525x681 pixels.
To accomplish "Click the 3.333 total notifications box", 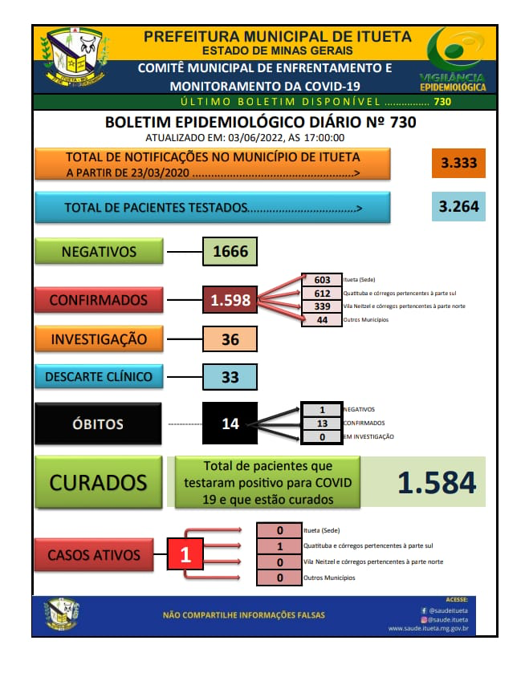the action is (x=458, y=163).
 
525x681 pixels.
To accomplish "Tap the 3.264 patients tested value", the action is (x=458, y=206).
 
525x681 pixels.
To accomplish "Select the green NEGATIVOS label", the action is (x=99, y=251).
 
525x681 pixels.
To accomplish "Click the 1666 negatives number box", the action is (x=230, y=251).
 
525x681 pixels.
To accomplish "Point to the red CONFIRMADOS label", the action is (x=99, y=300).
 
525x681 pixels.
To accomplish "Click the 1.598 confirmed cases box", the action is (x=230, y=300).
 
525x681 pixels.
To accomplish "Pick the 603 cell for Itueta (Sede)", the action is (x=322, y=280).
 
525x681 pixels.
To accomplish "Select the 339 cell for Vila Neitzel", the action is (x=322, y=306).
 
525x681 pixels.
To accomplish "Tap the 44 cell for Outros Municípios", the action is (x=322, y=320).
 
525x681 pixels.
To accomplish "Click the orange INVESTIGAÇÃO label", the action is (x=99, y=338).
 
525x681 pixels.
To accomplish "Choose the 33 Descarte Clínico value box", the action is (x=230, y=376).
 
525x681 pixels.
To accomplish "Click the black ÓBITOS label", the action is (x=98, y=424).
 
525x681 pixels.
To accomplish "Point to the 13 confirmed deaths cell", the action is (x=322, y=424).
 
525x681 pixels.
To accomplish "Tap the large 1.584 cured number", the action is (x=437, y=483).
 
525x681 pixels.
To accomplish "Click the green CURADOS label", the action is (x=98, y=482).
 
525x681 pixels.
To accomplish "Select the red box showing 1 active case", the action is (x=185, y=554).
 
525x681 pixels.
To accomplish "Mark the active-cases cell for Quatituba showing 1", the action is (x=279, y=546).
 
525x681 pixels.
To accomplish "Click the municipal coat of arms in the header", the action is (x=75, y=57).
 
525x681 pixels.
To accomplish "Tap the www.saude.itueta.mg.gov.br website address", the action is (x=428, y=628).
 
